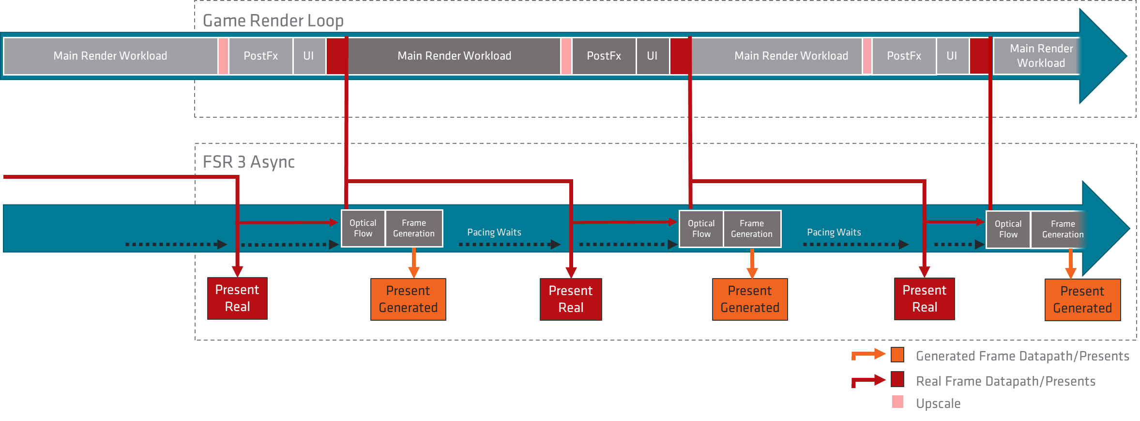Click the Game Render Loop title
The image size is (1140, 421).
point(273,21)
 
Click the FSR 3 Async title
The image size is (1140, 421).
point(248,162)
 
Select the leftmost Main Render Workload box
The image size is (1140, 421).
point(110,56)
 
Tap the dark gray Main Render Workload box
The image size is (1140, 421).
point(454,56)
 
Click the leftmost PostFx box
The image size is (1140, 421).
point(260,56)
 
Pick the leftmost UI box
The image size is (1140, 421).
point(308,56)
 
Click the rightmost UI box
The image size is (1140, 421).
point(952,56)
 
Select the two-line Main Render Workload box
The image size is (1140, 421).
point(1041,56)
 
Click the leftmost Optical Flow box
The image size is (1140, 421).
point(363,228)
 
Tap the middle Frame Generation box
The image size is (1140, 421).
point(752,229)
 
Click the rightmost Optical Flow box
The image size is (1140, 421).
point(1008,229)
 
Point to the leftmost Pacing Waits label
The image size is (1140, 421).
point(494,233)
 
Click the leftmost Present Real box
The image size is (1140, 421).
point(237,298)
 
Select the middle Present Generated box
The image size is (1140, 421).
point(750,299)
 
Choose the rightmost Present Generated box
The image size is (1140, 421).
point(1082,299)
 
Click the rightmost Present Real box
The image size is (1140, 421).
point(925,298)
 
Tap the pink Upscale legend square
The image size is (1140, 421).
point(897,402)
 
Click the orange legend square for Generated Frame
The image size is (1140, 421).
point(897,355)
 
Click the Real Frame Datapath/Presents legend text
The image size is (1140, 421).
point(1005,381)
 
